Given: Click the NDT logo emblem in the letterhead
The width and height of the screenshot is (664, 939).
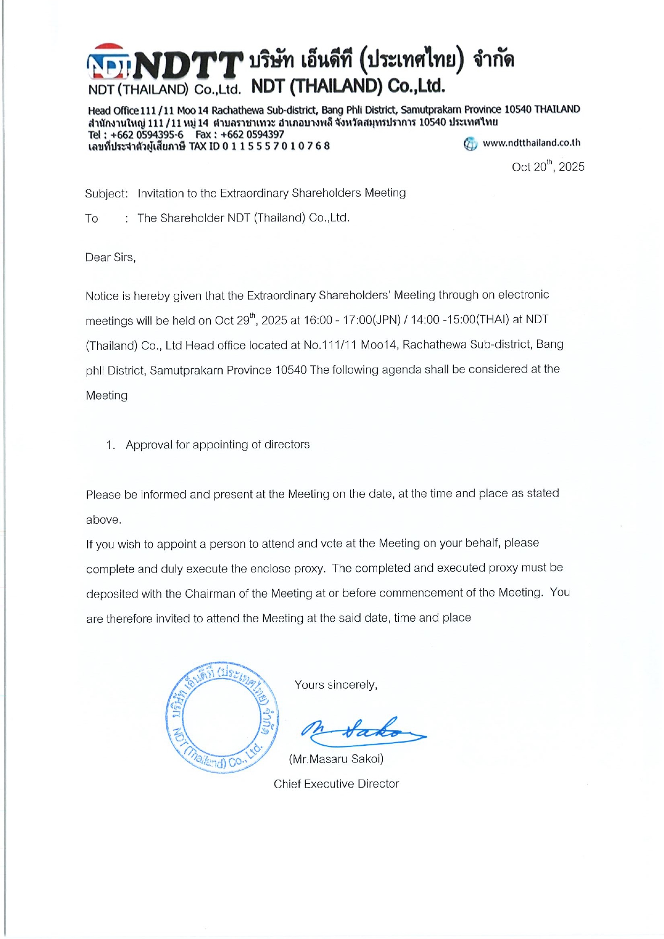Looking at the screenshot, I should pyautogui.click(x=108, y=63).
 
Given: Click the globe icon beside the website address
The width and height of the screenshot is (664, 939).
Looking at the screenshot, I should pyautogui.click(x=470, y=143).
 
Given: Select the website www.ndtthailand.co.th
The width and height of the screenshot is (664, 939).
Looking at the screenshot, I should pyautogui.click(x=531, y=143).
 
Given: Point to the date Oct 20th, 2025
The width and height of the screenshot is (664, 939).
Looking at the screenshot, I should pyautogui.click(x=547, y=166).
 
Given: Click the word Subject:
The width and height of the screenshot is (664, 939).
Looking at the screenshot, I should pyautogui.click(x=106, y=193).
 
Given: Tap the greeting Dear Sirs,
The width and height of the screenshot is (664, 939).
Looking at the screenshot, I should pyautogui.click(x=110, y=257).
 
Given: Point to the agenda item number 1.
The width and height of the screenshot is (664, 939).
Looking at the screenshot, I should pyautogui.click(x=110, y=445).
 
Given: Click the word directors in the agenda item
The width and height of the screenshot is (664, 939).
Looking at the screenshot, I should pyautogui.click(x=287, y=445).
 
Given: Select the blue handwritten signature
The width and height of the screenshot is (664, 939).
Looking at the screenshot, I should pyautogui.click(x=362, y=731).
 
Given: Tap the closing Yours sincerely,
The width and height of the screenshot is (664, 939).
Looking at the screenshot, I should pyautogui.click(x=335, y=685).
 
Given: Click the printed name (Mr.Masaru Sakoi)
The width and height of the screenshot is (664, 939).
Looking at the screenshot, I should pyautogui.click(x=336, y=759).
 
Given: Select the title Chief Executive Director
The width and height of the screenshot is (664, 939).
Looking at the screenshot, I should pyautogui.click(x=336, y=784).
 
